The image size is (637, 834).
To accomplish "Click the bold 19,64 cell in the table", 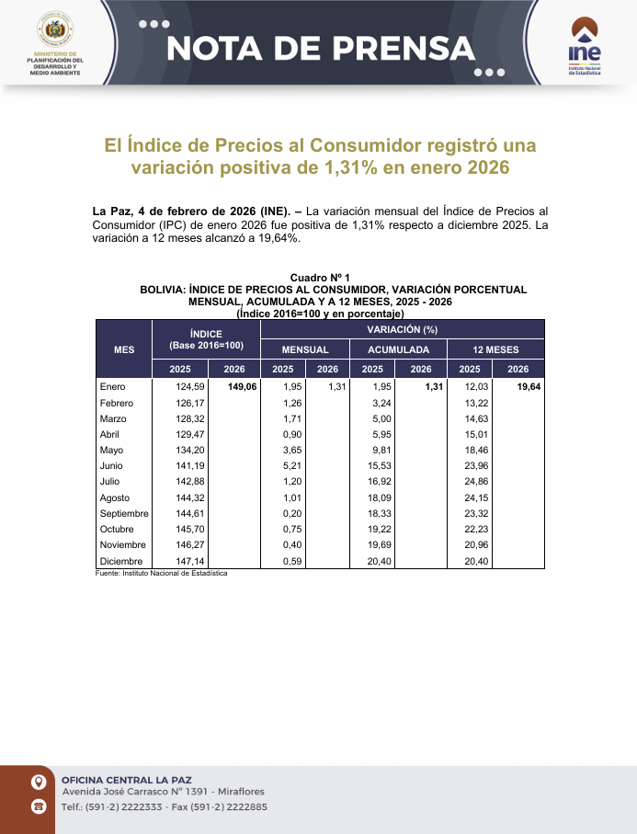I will click(528, 387).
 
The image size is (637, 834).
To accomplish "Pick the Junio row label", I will click(112, 466).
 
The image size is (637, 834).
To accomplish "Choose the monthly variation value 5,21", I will click(292, 466).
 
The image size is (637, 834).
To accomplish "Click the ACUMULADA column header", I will click(399, 349).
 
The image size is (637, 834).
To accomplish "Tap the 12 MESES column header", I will click(495, 349).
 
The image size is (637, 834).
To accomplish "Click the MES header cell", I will click(124, 349).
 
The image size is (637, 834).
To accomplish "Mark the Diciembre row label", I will click(120, 561).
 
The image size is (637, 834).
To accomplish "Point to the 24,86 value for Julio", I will click(477, 482).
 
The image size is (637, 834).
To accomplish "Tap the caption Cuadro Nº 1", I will click(320, 278).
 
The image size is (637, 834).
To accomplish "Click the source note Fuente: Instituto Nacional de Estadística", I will click(161, 573).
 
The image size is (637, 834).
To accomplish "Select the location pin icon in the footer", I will click(39, 783).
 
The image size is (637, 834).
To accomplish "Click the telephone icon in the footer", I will click(39, 806).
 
